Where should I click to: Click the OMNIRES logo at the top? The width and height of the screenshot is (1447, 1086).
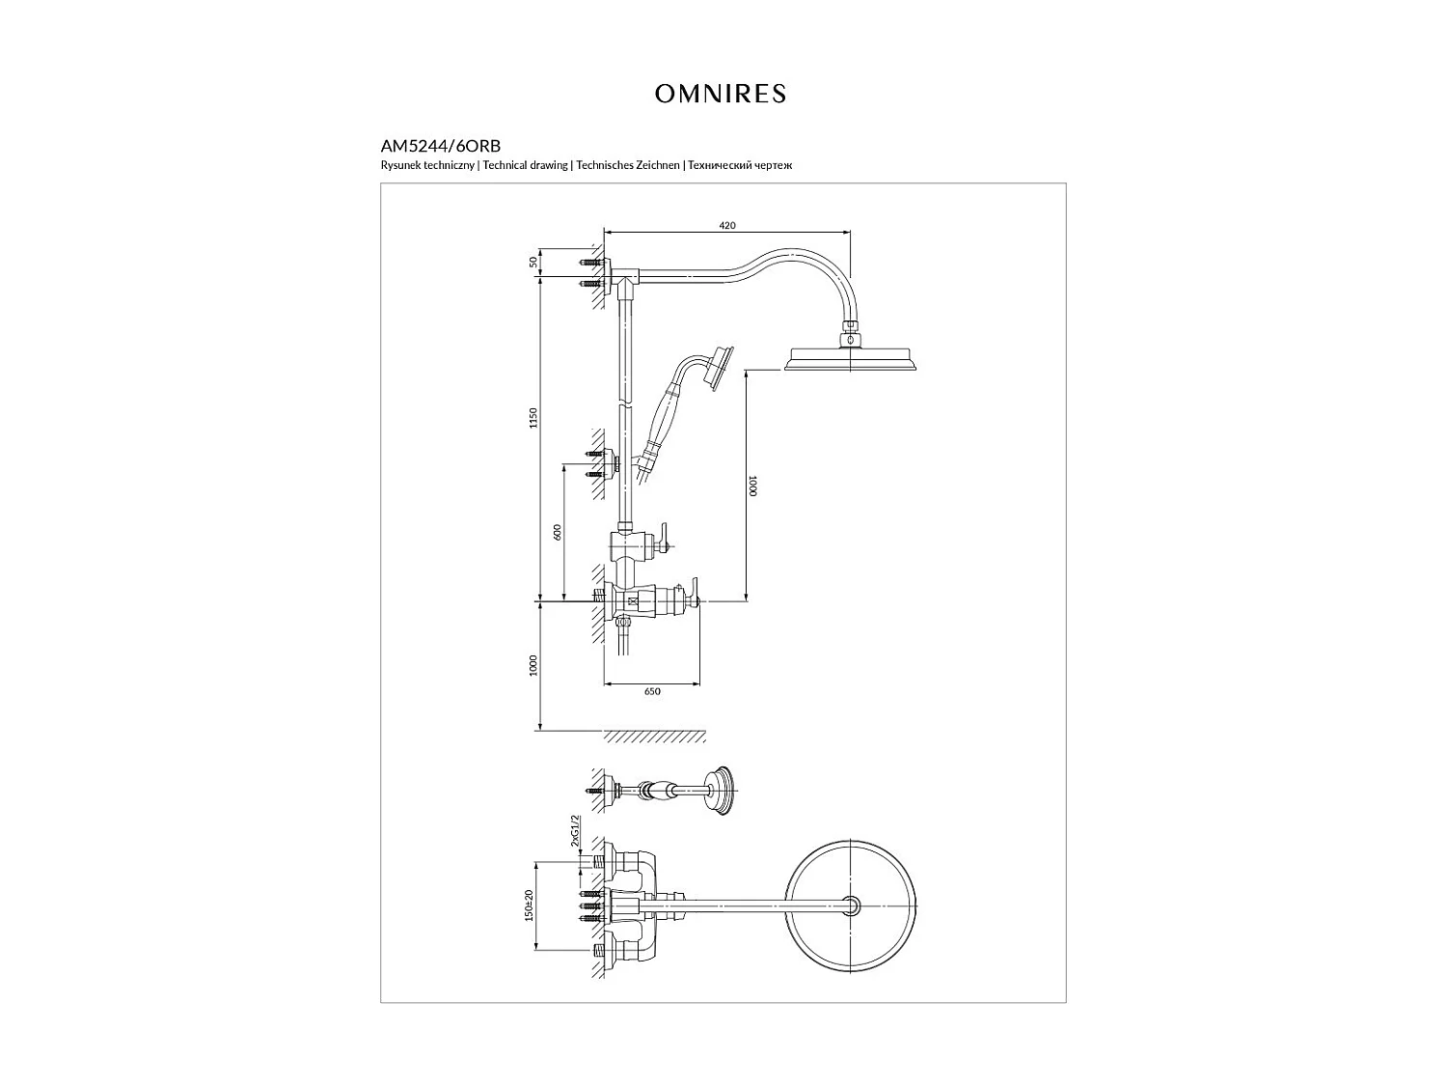click(x=721, y=94)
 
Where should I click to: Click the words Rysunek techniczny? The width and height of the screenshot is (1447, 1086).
click(x=427, y=166)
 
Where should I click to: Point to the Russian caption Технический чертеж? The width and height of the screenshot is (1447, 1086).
click(x=740, y=166)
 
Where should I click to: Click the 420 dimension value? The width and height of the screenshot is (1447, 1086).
click(x=727, y=225)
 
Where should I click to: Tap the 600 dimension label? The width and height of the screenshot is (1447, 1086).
click(x=557, y=532)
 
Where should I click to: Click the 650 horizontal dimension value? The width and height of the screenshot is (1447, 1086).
click(x=652, y=691)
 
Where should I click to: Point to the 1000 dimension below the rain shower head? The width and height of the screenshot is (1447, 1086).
click(x=752, y=485)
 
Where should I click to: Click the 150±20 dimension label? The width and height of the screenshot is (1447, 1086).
click(x=529, y=906)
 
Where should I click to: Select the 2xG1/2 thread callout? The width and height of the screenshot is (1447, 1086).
click(x=575, y=829)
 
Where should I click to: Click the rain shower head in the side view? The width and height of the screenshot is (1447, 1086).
click(x=849, y=358)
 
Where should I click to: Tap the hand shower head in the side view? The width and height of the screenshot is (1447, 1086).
click(x=719, y=368)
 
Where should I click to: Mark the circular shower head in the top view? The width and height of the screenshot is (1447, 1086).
click(x=850, y=905)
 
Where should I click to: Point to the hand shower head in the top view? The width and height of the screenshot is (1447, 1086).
click(x=719, y=792)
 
